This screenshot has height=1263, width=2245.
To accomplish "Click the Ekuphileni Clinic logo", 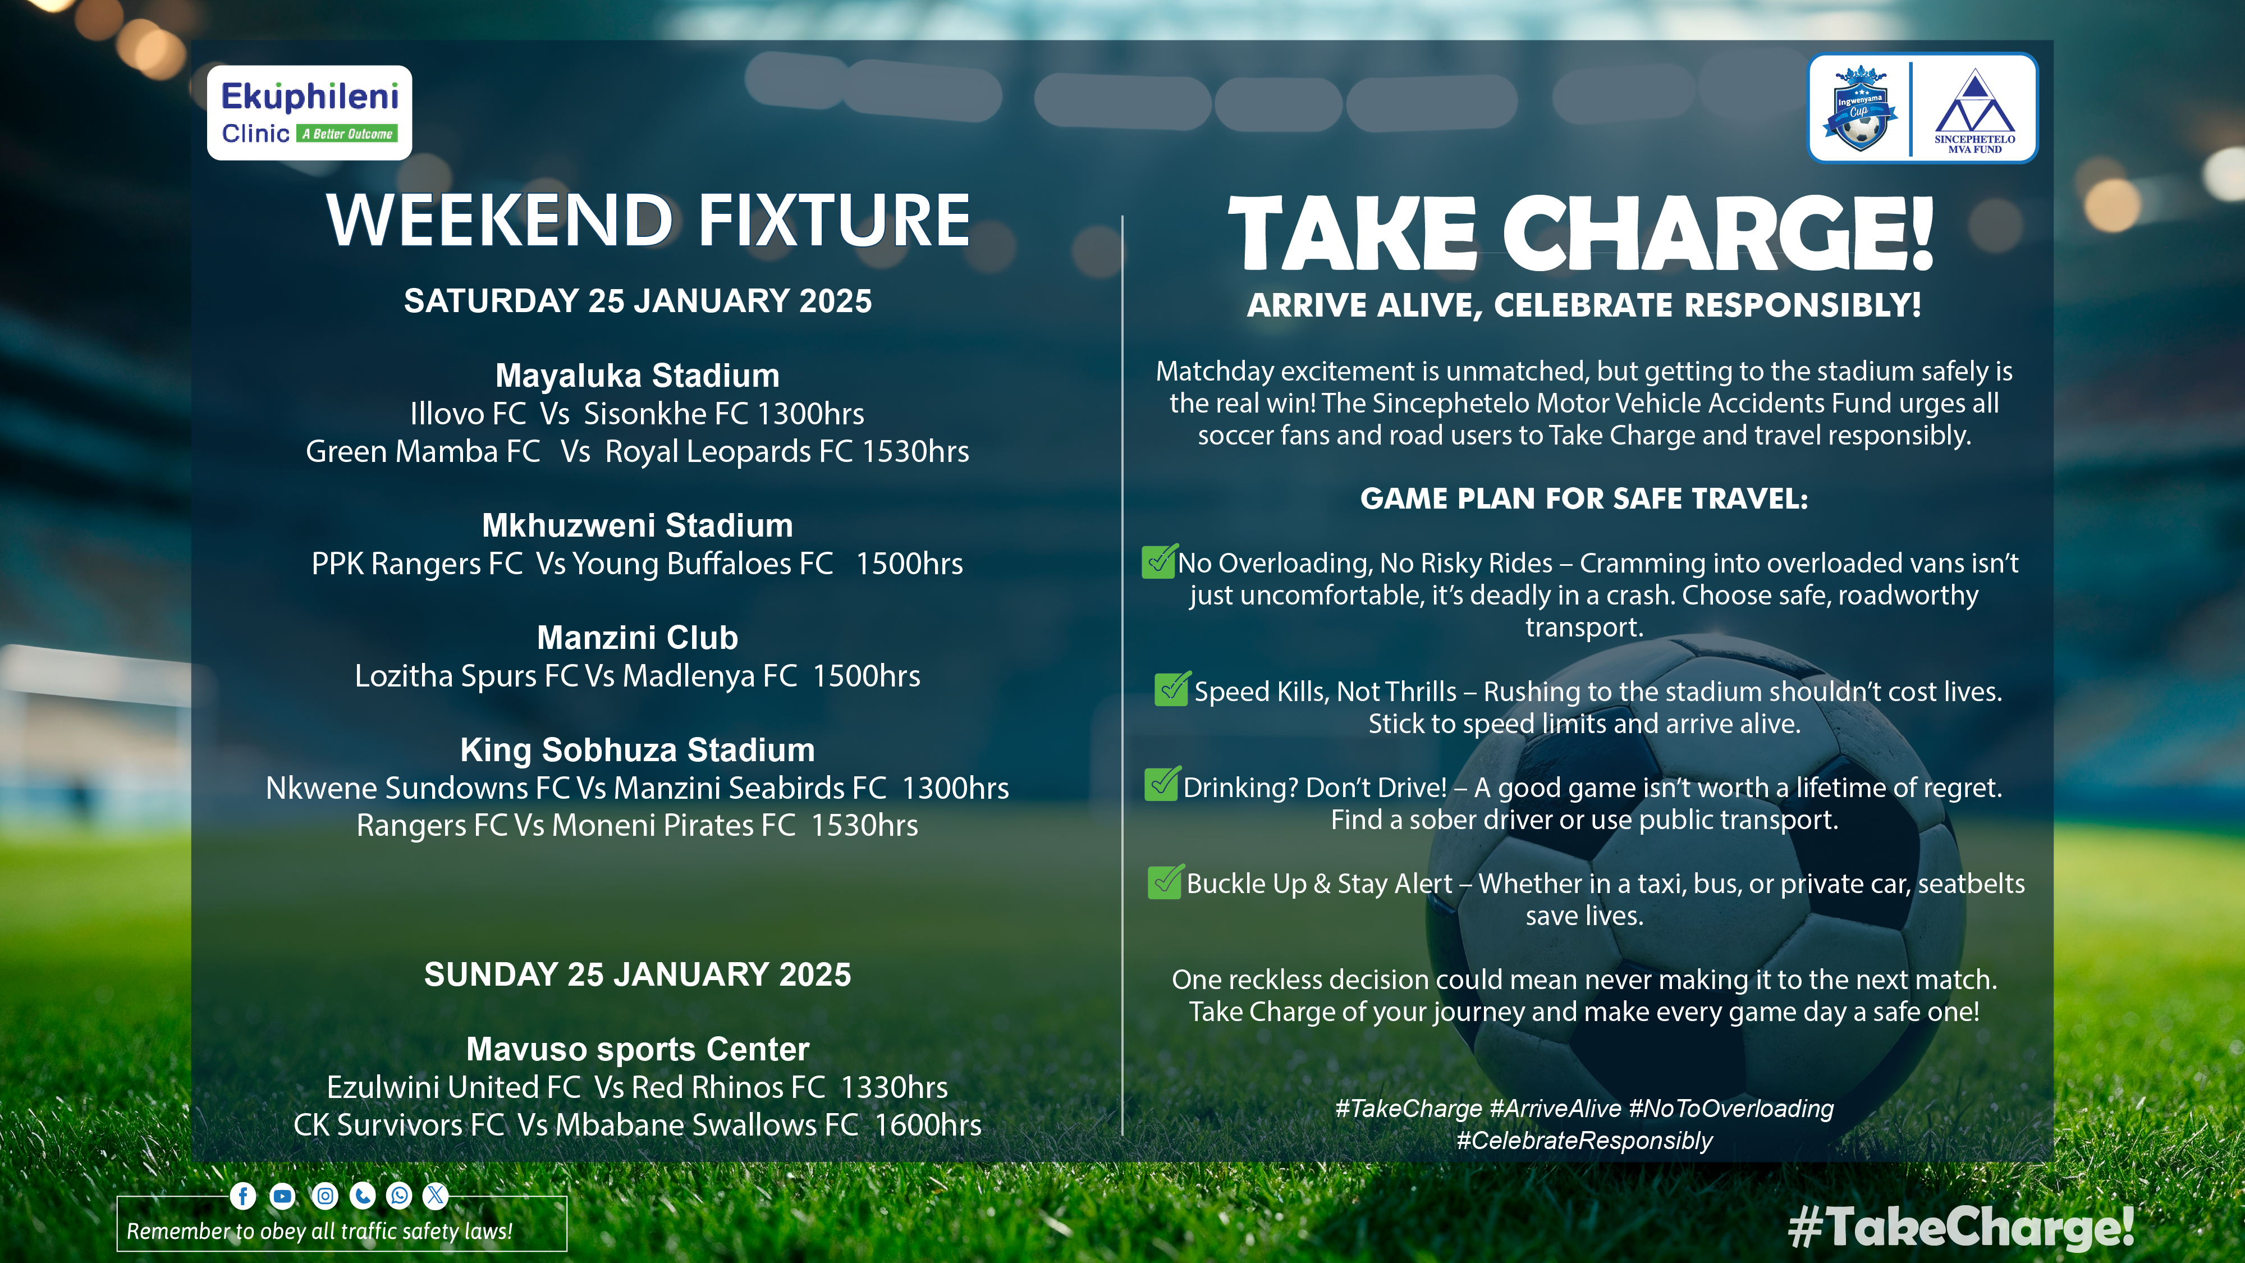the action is pyautogui.click(x=309, y=112).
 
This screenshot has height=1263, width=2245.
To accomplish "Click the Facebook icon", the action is pyautogui.click(x=243, y=1196).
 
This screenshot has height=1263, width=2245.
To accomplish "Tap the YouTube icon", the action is pyautogui.click(x=282, y=1196).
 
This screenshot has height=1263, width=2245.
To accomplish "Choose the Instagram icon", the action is pyautogui.click(x=325, y=1196).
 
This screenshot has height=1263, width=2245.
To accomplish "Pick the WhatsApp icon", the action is pyautogui.click(x=399, y=1196).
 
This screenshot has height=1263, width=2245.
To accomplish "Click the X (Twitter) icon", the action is pyautogui.click(x=436, y=1196).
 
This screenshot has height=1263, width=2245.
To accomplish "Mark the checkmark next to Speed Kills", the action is pyautogui.click(x=1172, y=689).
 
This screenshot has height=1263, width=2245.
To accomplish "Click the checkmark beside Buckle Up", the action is pyautogui.click(x=1165, y=881).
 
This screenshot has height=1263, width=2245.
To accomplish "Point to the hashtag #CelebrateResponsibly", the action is pyautogui.click(x=1584, y=1141).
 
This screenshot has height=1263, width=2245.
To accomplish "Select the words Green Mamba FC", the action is pyautogui.click(x=423, y=451).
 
